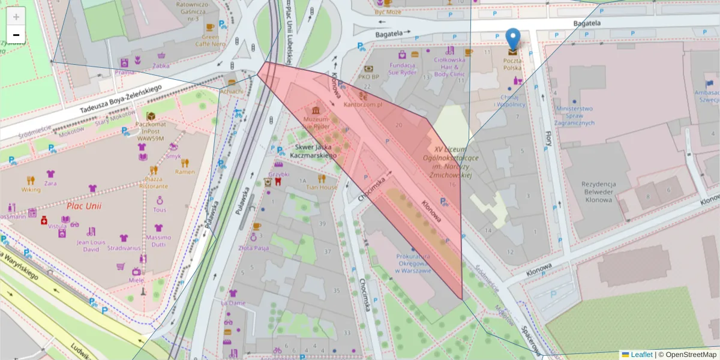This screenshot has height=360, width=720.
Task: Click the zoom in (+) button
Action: click(x=16, y=16)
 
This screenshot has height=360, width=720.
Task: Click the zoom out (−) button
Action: click(x=16, y=35)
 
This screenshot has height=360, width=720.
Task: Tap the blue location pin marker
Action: click(x=512, y=39)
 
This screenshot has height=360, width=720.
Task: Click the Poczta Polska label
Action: click(x=512, y=64)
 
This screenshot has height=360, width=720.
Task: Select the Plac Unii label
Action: click(x=84, y=206)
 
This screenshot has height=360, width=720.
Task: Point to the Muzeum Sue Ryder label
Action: click(x=316, y=122)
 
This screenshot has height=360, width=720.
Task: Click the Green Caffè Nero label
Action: click(x=210, y=40)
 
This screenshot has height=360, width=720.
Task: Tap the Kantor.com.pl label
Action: click(x=363, y=104)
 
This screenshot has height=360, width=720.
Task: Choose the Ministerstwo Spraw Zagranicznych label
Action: click(x=575, y=116)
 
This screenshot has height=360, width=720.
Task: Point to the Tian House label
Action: click(x=322, y=187)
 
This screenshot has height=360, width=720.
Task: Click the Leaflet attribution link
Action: click(x=641, y=355)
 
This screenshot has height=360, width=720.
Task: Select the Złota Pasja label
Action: click(x=254, y=247)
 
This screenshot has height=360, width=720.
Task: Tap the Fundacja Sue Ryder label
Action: click(x=403, y=69)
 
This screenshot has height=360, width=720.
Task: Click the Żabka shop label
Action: click(x=161, y=66)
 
